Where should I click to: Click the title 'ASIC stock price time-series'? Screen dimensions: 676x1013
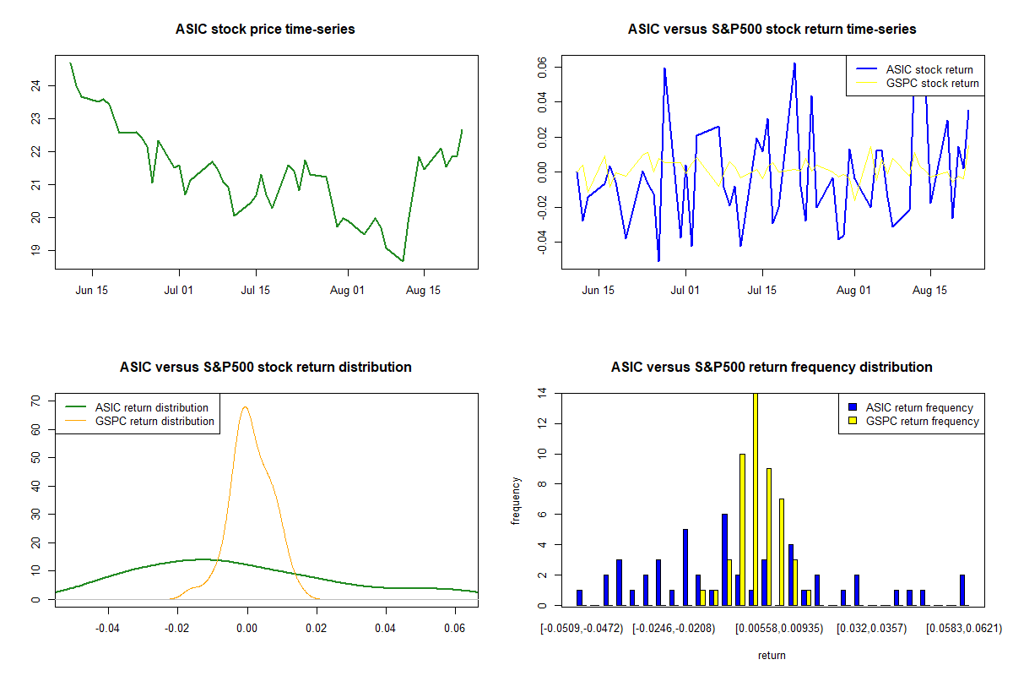(x=265, y=30)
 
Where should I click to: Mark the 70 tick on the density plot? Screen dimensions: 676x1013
(x=35, y=401)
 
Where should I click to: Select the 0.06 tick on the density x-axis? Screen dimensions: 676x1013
(x=455, y=628)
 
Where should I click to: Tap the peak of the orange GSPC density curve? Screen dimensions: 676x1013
(x=246, y=407)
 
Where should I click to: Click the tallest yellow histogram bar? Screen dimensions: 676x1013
(x=756, y=499)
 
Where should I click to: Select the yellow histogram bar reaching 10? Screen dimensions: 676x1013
(x=742, y=529)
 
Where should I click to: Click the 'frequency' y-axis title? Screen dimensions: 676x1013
(x=516, y=500)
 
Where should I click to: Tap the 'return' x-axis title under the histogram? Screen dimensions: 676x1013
(x=772, y=656)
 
